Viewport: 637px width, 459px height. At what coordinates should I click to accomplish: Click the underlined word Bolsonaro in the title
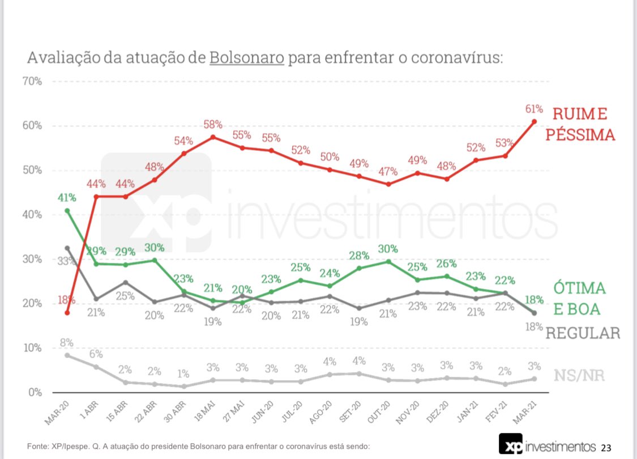pos(246,58)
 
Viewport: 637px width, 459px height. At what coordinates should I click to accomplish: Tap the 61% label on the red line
pos(535,109)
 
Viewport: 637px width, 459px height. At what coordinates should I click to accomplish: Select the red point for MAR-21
pos(535,121)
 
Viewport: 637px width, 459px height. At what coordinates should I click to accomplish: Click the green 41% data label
pos(67,198)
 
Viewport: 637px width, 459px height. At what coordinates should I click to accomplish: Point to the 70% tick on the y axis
pos(32,81)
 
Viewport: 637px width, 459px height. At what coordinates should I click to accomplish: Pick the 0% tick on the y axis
pos(35,392)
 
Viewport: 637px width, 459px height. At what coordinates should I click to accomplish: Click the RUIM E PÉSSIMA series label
pos(583,124)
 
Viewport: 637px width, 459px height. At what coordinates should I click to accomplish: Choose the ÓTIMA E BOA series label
pos(579,298)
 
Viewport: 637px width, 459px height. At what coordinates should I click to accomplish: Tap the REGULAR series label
pos(583,333)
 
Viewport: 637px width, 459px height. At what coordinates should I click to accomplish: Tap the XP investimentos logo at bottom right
pos(547,444)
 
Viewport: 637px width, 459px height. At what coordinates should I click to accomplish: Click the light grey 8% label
pos(67,342)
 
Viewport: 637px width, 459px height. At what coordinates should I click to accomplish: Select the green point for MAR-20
pos(67,211)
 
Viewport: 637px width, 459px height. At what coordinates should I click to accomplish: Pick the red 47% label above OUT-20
pos(388,171)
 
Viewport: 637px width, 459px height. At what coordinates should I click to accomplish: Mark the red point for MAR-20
pos(67,313)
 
